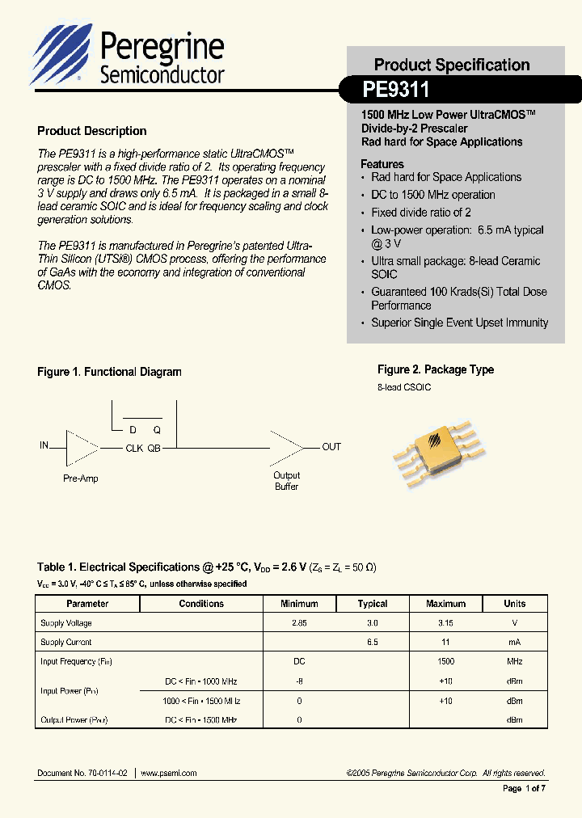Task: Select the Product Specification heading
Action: point(452,65)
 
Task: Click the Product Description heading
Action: point(92,131)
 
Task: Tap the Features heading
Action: point(382,164)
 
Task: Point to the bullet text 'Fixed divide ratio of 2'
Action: point(421,213)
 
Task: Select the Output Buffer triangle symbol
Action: point(288,447)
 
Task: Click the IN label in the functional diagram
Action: point(44,445)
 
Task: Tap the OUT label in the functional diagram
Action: point(331,447)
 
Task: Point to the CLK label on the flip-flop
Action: point(133,448)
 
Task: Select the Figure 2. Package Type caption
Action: point(436,369)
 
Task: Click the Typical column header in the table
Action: point(373,604)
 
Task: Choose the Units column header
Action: point(514,604)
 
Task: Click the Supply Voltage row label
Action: point(66,623)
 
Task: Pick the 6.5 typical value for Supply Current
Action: point(373,642)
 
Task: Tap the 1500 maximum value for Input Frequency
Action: point(446,661)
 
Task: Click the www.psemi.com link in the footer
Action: point(169,773)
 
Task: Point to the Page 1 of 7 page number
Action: point(524,789)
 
